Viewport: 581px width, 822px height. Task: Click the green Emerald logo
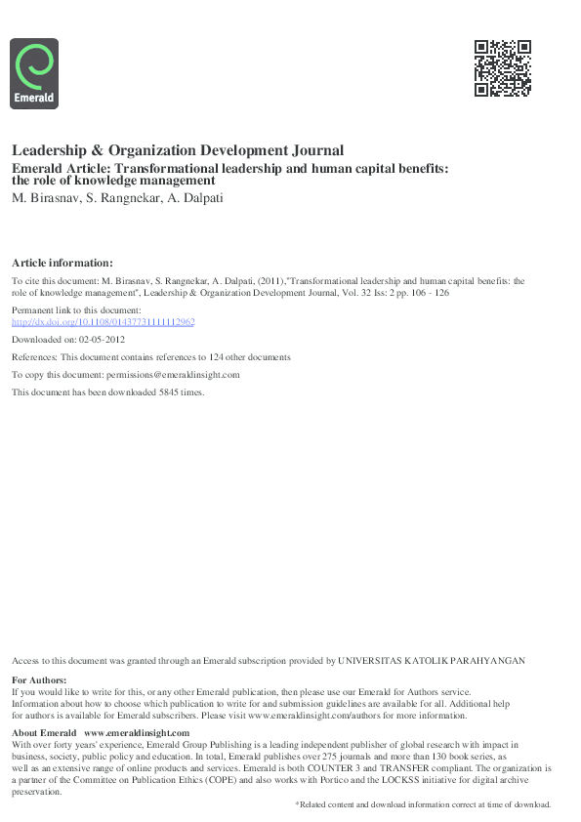[34, 72]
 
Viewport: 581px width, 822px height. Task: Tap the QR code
[502, 68]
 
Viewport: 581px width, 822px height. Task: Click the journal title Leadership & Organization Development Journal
[178, 151]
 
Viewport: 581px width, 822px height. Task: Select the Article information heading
[62, 263]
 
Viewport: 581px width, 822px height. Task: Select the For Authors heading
[39, 679]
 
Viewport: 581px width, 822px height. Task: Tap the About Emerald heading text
[44, 733]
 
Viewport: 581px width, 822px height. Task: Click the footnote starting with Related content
[423, 803]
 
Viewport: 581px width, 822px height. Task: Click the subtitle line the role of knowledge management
[112, 181]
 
